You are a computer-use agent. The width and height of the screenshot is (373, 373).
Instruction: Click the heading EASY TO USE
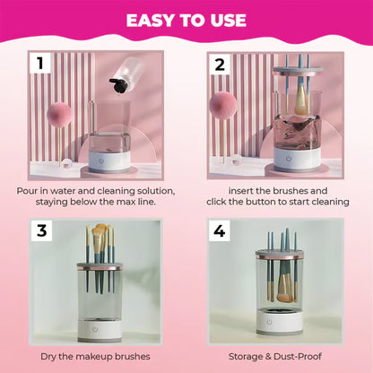pos(186,20)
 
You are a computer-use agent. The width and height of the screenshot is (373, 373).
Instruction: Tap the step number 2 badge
pos(219,65)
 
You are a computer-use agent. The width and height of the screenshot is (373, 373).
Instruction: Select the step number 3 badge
pos(41,231)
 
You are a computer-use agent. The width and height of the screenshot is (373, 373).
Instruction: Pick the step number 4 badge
pos(219,231)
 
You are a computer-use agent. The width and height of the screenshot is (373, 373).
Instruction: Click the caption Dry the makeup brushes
pos(98,356)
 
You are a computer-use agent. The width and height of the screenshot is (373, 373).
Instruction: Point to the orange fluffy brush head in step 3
pos(99,239)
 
